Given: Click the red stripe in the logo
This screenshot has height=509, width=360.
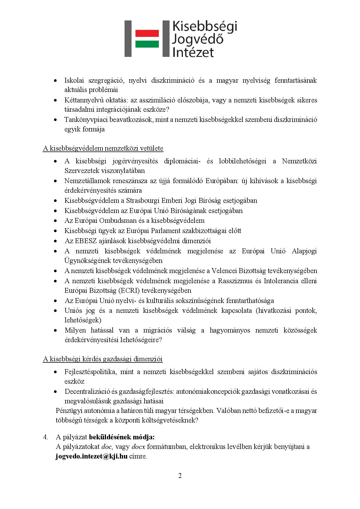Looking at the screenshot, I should (x=147, y=33).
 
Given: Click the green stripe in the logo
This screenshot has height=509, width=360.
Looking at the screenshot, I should (x=147, y=44).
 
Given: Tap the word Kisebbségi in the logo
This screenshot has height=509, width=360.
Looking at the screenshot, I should (x=204, y=26).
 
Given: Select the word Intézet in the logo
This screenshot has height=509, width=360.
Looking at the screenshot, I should (x=193, y=52).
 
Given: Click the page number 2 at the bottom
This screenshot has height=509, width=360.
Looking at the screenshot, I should (x=180, y=476).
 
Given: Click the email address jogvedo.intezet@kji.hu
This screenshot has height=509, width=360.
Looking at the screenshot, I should (x=91, y=456).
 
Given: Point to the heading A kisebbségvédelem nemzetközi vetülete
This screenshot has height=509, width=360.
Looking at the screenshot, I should (x=103, y=149).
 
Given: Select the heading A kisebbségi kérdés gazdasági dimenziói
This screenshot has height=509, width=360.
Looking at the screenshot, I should (x=103, y=359).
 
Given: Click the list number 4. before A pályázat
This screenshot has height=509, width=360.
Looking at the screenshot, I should (x=46, y=437).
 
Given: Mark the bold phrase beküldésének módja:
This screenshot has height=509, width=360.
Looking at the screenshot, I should (x=122, y=437).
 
